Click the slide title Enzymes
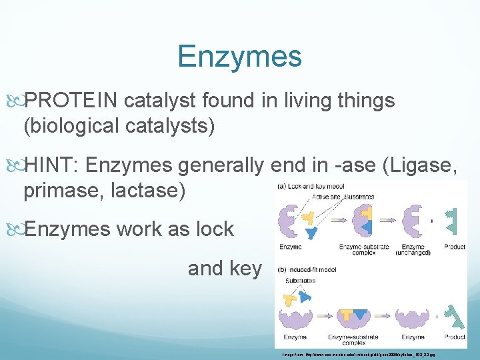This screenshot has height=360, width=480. pos(239,57)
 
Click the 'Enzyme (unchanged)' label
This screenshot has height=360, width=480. pos(413,250)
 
